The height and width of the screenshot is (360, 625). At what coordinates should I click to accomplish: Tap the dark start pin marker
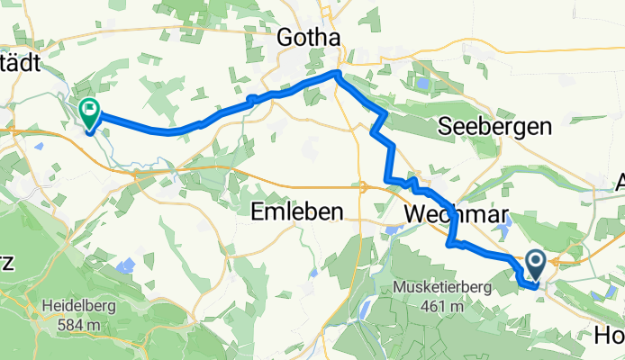pyautogui.click(x=535, y=265)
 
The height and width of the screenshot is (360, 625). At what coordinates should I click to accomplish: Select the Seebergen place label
pyautogui.click(x=494, y=128)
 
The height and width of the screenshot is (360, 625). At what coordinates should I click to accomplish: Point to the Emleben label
pyautogui.click(x=296, y=212)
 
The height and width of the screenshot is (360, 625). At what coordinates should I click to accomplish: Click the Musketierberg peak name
pyautogui.click(x=439, y=287)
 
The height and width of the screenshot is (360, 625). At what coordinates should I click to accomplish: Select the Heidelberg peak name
pyautogui.click(x=77, y=304)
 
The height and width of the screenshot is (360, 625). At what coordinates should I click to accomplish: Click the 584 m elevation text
pyautogui.click(x=77, y=319)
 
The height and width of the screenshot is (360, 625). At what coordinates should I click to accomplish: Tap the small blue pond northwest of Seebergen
pyautogui.click(x=421, y=85)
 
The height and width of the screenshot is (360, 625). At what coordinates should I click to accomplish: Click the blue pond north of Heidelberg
pyautogui.click(x=126, y=266)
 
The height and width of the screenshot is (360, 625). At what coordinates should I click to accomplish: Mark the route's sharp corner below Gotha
pyautogui.click(x=337, y=74)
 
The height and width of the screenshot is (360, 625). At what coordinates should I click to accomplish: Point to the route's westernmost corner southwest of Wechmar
pyautogui.click(x=448, y=242)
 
